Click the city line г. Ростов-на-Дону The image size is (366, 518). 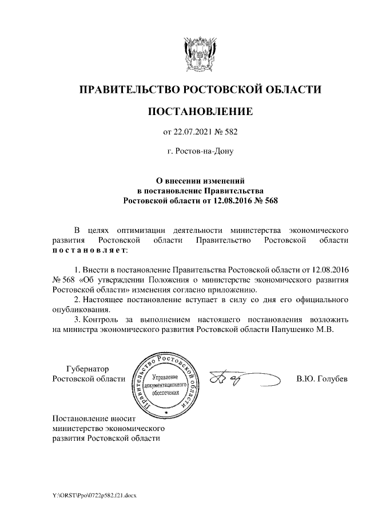tap(200, 152)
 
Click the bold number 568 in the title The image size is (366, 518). tap(270, 201)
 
